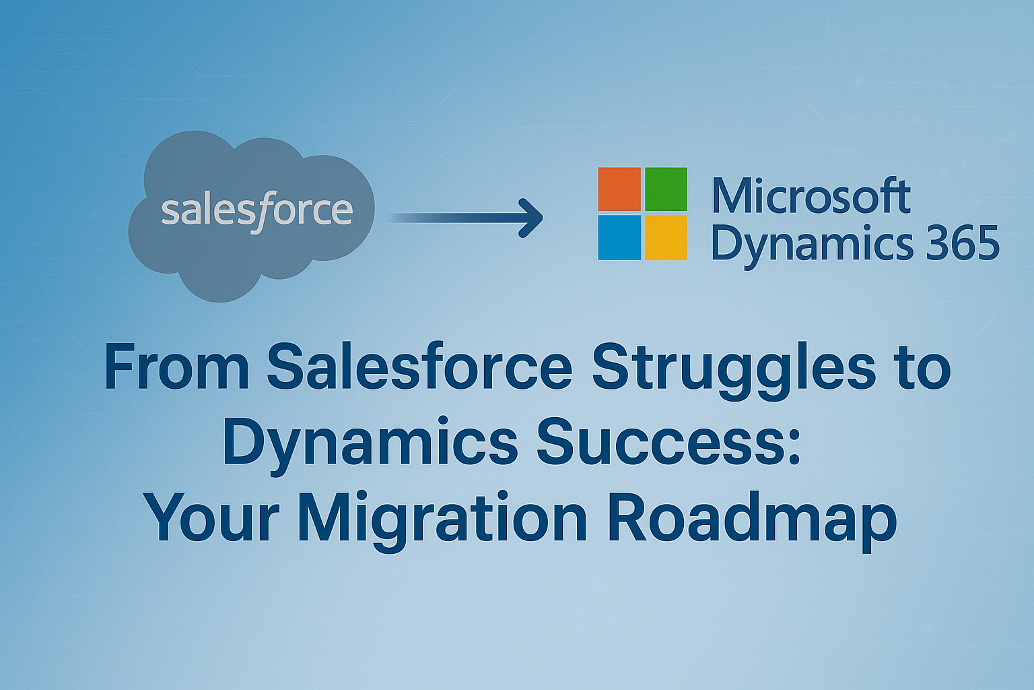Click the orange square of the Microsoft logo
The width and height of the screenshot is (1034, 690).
point(619,189)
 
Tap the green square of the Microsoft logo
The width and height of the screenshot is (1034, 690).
point(666,189)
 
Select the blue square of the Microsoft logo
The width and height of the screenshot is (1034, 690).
point(619,238)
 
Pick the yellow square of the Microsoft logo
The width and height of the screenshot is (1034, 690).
point(666,238)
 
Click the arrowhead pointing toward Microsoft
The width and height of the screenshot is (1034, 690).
point(531,218)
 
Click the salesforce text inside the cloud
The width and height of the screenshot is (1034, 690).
point(257,212)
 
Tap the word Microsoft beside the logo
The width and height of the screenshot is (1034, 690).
point(811,195)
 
